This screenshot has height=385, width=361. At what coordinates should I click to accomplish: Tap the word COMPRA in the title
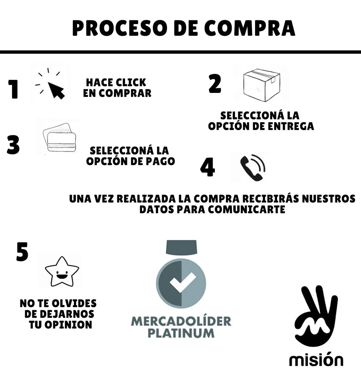coord(249,28)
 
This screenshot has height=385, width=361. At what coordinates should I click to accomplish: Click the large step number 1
coord(13,89)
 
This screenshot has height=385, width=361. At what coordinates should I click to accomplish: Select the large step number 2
coord(215,84)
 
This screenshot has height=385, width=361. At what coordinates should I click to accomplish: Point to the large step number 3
coord(13,145)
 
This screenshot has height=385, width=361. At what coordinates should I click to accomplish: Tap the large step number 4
coord(208,167)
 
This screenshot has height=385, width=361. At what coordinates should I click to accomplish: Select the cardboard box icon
coord(261,85)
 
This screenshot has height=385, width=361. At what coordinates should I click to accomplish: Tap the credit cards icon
coord(59,137)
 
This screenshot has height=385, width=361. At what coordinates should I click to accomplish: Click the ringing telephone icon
coord(253,168)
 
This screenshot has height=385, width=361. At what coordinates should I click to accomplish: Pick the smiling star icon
coord(62,272)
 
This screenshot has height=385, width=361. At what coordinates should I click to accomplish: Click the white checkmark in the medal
coord(183,282)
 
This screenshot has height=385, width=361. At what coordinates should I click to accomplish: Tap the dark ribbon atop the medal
coord(181,247)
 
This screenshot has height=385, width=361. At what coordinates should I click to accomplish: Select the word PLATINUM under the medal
coord(181,333)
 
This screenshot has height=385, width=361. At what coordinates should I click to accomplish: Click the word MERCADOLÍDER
coord(181,321)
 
